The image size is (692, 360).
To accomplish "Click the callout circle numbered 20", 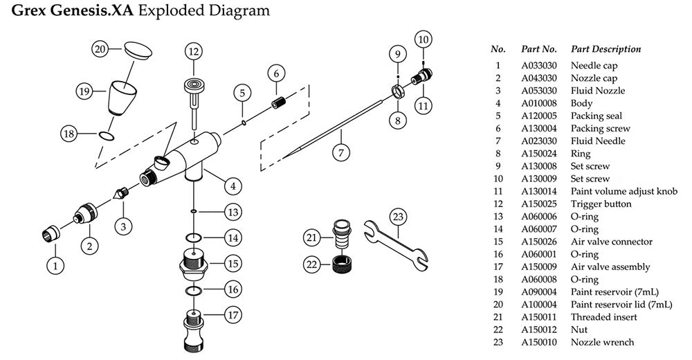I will click(x=100, y=49).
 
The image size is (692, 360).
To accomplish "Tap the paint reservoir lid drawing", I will click(x=137, y=51).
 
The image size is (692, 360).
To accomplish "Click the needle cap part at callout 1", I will click(x=50, y=235).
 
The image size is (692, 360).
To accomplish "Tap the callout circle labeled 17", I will click(x=233, y=314).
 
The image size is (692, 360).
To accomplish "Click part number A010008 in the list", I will click(x=535, y=103).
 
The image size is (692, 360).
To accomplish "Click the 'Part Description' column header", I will click(x=605, y=50).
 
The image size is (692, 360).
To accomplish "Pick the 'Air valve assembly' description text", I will click(x=610, y=267).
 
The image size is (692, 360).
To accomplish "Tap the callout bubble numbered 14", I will click(x=233, y=237).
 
